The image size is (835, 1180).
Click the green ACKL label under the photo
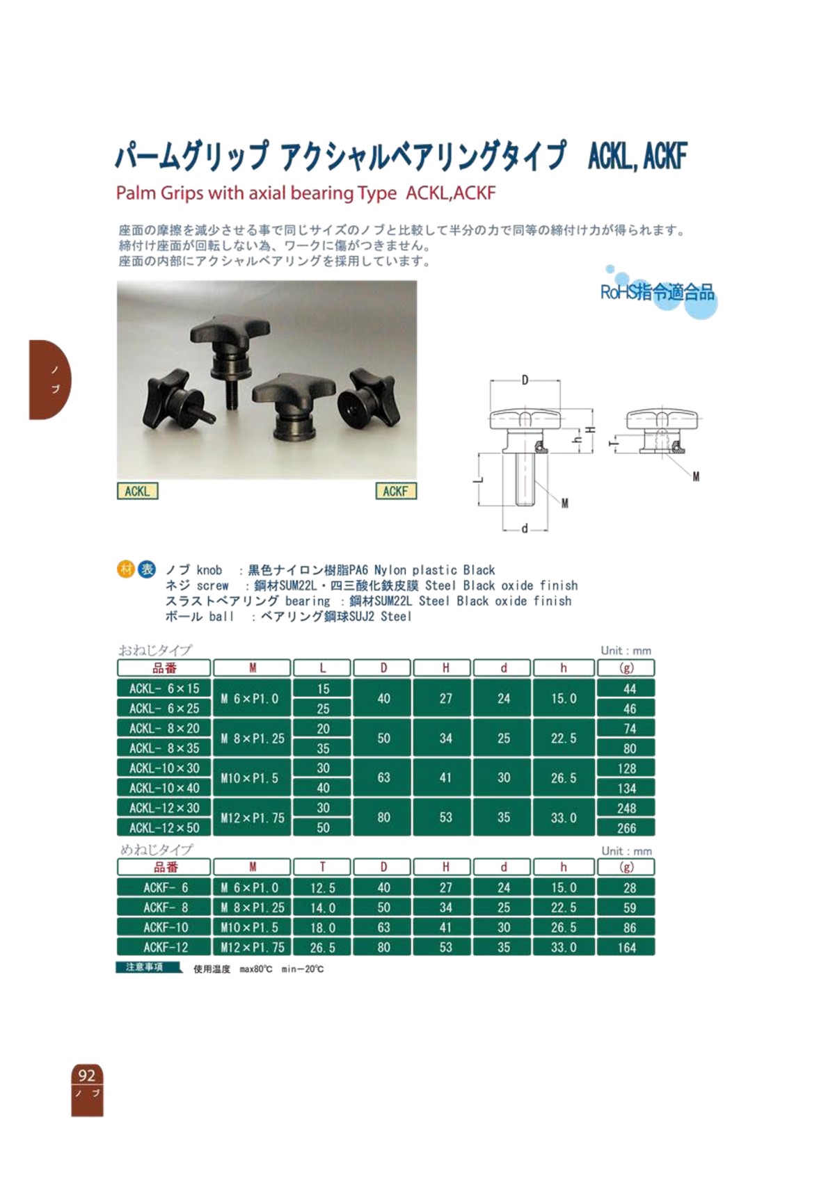137,491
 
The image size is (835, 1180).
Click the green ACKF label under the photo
395,491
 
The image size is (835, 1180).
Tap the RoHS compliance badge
658,292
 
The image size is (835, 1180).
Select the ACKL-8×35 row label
164,748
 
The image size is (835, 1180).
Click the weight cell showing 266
626,828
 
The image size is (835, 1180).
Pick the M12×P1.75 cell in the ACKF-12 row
252,947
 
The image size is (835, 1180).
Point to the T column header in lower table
322,867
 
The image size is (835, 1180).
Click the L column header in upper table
322,668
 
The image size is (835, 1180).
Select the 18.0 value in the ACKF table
322,928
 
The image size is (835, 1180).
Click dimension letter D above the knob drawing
525,380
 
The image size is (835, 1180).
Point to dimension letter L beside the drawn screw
477,480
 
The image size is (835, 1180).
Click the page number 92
87,1076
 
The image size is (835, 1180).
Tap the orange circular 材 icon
126,569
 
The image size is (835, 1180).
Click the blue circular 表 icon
147,569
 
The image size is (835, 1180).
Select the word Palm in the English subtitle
136,193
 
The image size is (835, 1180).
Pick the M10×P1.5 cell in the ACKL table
252,778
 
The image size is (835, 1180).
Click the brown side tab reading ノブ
50,379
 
